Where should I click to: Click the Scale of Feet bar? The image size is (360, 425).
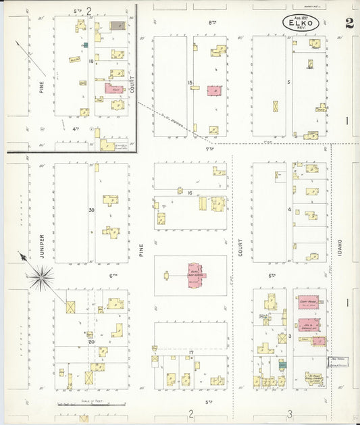click(91, 404)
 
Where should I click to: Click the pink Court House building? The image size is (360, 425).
click(308, 303)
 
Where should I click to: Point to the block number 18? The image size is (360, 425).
click(90, 61)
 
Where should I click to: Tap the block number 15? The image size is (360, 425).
click(190, 83)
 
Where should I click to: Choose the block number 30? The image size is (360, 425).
click(91, 210)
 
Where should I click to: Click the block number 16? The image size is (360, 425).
click(190, 193)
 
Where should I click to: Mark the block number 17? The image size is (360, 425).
click(191, 353)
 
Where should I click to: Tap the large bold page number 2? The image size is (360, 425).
click(349, 22)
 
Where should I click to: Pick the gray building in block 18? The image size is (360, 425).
click(118, 25)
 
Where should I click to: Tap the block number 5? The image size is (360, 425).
click(288, 82)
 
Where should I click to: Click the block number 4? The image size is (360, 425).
click(289, 209)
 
